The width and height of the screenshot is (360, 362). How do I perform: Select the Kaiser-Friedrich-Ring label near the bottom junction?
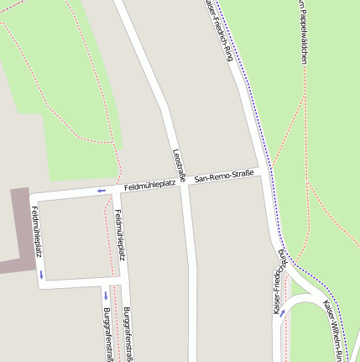tap(276, 291)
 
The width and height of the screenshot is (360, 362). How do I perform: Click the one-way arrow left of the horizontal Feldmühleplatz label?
tap(102, 191)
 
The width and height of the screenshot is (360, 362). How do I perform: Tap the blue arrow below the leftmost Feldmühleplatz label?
tap(39, 275)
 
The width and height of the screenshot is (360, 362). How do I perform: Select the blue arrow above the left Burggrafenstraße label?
tap(106, 295)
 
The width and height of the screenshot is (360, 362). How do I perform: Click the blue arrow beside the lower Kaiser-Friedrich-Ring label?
tap(282, 313)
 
